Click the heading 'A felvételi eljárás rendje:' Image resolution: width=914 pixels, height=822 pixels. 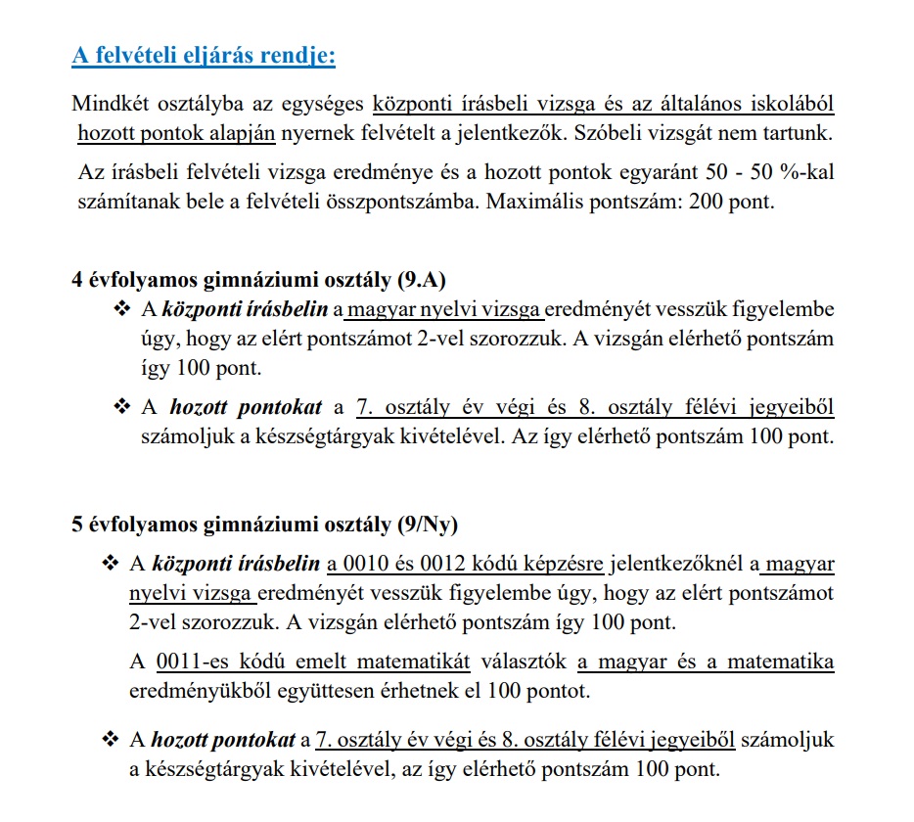pos(204,56)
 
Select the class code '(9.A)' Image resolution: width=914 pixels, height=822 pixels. pos(421,281)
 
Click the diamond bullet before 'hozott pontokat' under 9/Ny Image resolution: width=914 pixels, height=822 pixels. pos(109,740)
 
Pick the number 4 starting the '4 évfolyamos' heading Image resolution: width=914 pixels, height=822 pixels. pos(77,281)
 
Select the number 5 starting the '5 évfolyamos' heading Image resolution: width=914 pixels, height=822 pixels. pos(77,524)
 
